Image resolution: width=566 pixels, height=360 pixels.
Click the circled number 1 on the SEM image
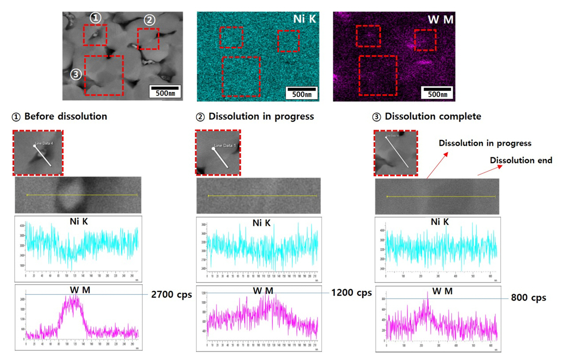tap(95, 18)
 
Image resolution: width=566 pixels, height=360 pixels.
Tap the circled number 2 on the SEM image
tap(149, 20)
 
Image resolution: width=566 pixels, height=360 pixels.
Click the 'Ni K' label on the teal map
tap(304, 19)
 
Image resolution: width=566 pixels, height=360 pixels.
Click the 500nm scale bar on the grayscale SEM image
tap(164, 91)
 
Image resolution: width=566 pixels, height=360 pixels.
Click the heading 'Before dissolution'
tap(65, 117)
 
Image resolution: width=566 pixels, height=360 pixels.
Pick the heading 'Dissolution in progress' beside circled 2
tap(261, 117)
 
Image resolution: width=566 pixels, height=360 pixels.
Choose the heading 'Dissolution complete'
tap(432, 117)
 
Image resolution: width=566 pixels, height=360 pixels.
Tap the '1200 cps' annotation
tap(351, 293)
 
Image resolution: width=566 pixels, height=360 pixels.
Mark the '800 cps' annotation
tap(529, 298)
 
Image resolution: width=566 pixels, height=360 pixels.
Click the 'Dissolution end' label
tap(521, 160)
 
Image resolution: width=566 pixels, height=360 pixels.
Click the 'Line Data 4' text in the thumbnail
tap(44, 143)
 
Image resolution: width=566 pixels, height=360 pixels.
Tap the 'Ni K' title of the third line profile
tap(440, 222)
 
